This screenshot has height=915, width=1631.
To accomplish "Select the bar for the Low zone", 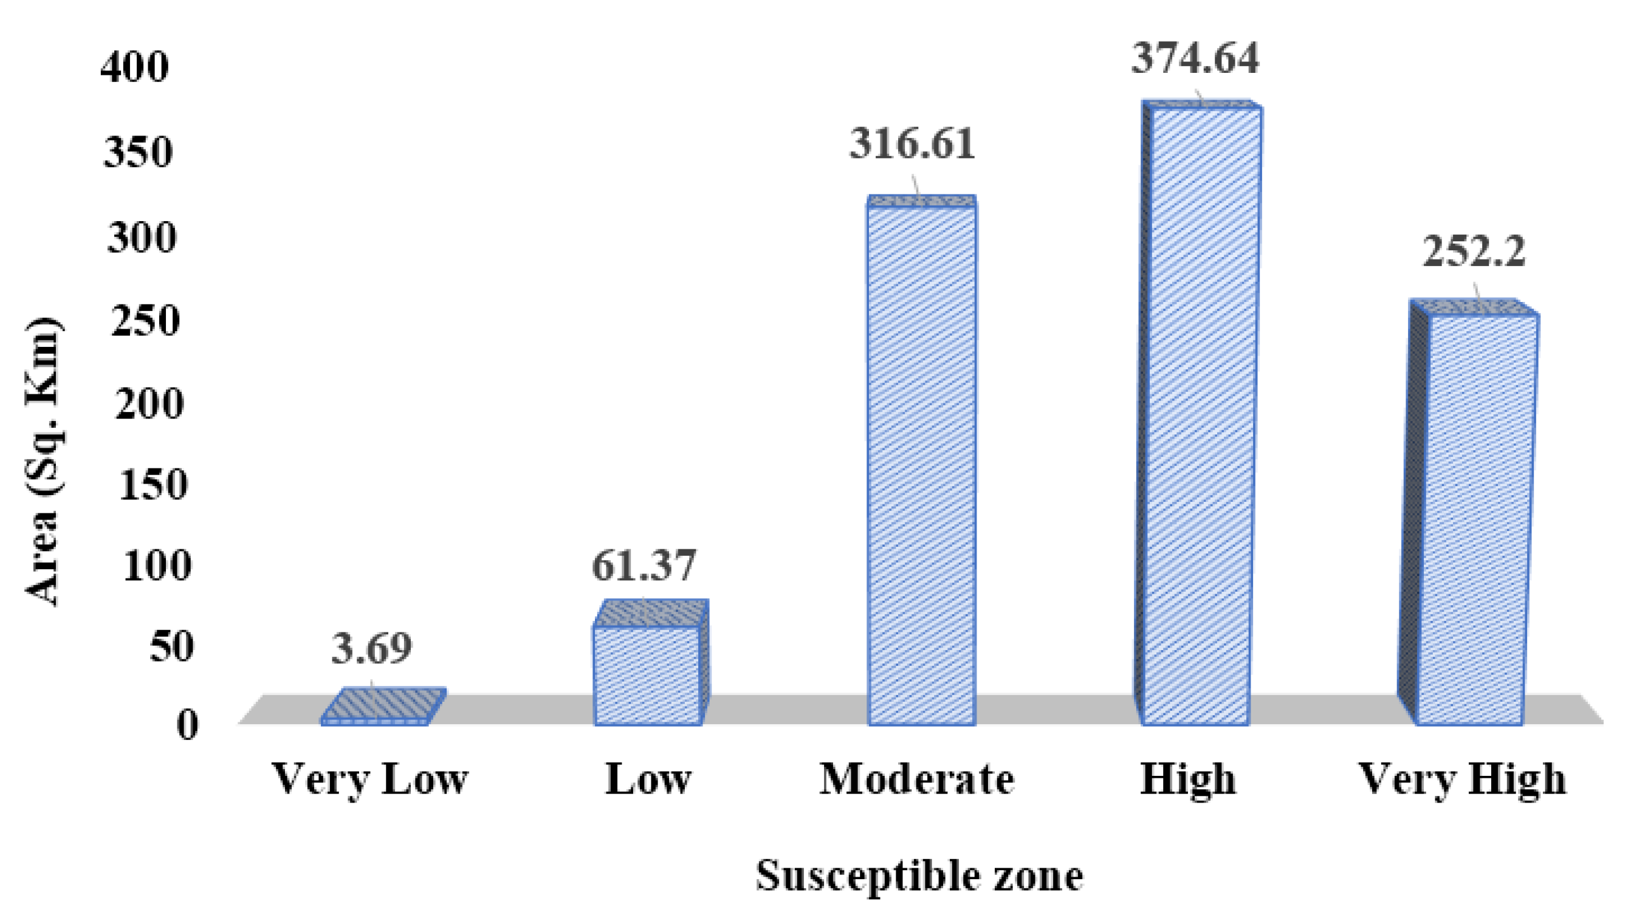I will (647, 674).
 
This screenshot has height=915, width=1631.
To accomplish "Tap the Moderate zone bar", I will (921, 465).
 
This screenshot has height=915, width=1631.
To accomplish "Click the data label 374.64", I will (1195, 58).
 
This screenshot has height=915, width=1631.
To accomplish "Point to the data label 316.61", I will (912, 144).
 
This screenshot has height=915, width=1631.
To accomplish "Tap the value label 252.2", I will (1474, 252).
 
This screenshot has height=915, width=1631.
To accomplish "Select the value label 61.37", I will (644, 565).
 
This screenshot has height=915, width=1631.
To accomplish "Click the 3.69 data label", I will (372, 648).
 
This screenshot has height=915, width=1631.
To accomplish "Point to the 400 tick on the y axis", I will (135, 66).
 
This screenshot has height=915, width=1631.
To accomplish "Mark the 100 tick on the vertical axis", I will (156, 566).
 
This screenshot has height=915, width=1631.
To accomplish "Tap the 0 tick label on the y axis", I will (187, 725).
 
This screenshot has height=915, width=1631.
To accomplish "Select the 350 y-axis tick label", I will (138, 152).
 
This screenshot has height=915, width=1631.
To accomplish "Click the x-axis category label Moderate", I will (917, 779).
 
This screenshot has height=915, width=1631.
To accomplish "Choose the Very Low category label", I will (369, 779).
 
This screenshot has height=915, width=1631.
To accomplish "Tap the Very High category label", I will (1463, 779).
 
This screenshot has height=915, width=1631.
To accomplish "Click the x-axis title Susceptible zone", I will (919, 876).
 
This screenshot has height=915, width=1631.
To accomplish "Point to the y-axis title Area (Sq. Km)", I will (43, 462).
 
